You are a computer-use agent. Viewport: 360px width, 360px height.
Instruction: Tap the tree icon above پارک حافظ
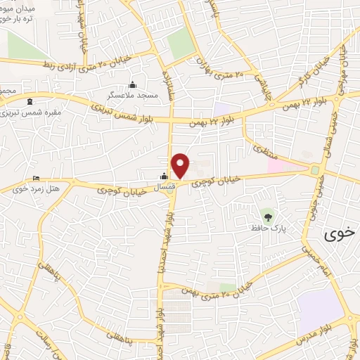tap(266, 213)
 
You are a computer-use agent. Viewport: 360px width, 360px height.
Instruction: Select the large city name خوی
tap(339, 235)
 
